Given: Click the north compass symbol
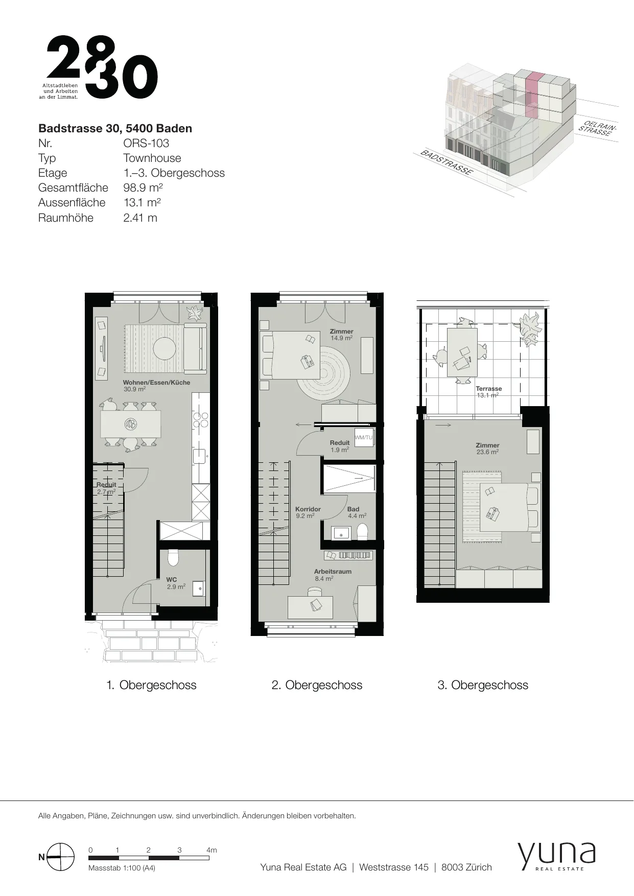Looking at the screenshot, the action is pos(60,857).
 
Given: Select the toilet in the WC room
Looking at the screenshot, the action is pos(173,558).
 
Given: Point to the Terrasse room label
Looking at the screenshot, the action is pos(488,388).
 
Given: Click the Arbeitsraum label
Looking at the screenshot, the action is pos(333,571).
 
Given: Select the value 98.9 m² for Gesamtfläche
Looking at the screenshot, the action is pos(143,187).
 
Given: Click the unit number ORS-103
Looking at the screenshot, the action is pos(146,143).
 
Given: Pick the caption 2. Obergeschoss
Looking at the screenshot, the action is pos(317,685).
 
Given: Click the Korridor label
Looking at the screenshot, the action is pos(308,509).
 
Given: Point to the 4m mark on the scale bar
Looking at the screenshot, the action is pos(212,850).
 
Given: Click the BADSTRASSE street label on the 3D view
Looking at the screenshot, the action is pos(446,163).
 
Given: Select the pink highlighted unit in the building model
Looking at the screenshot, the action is pos(532,95).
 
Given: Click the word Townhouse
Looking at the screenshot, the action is pos(152,158).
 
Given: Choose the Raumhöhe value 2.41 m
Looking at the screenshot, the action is pos(140,218).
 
